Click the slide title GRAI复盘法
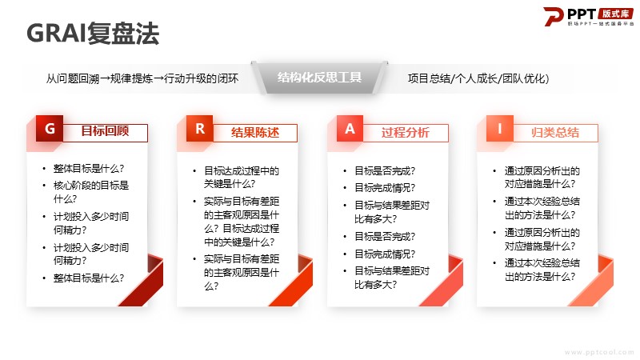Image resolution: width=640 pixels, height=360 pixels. click(93, 33)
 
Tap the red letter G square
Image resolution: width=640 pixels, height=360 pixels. click(50, 129)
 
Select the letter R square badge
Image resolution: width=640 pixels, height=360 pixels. click(199, 129)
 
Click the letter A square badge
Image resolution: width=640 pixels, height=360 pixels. click(350, 129)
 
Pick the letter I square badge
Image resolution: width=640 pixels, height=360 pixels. click(499, 129)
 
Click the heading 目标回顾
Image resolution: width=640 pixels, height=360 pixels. click(105, 131)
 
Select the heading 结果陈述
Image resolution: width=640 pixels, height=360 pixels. click(255, 133)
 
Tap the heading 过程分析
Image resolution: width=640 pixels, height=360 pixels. click(406, 133)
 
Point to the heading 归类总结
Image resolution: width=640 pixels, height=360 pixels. click(555, 133)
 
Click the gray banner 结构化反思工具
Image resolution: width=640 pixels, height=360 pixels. click(319, 78)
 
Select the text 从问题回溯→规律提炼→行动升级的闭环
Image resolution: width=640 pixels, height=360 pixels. click(142, 78)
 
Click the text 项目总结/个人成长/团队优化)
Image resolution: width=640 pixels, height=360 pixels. click(478, 78)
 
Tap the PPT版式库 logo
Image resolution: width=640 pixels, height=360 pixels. click(589, 17)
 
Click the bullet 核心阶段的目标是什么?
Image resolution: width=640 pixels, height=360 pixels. click(91, 192)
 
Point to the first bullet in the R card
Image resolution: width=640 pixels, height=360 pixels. click(242, 177)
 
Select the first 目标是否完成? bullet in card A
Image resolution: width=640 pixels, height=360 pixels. click(385, 170)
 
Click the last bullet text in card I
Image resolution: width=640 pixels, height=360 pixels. click(542, 270)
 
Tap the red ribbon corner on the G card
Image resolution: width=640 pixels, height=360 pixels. click(144, 281)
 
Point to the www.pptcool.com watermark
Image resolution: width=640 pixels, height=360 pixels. click(598, 352)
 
